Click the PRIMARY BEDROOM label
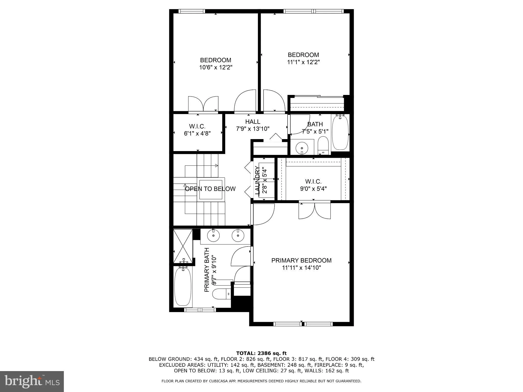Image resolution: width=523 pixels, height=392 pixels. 301,261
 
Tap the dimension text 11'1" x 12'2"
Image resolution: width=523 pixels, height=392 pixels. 303,62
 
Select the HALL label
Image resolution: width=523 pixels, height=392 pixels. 253,122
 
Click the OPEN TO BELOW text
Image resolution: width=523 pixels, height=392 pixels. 210,189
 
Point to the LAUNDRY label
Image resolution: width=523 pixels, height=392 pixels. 257,180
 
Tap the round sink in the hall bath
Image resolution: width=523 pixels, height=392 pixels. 302,148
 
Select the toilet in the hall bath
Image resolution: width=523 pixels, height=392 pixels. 323,145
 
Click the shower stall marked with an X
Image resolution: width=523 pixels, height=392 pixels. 183,246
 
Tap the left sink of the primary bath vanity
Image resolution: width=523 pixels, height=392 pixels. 213,236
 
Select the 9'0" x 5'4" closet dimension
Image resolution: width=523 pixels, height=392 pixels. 313,189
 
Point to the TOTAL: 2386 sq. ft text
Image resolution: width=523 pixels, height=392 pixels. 261,353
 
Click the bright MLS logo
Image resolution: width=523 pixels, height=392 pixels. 32,381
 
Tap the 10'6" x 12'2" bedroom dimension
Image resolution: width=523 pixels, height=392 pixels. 216,67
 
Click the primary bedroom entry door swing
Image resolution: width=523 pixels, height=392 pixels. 263,214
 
